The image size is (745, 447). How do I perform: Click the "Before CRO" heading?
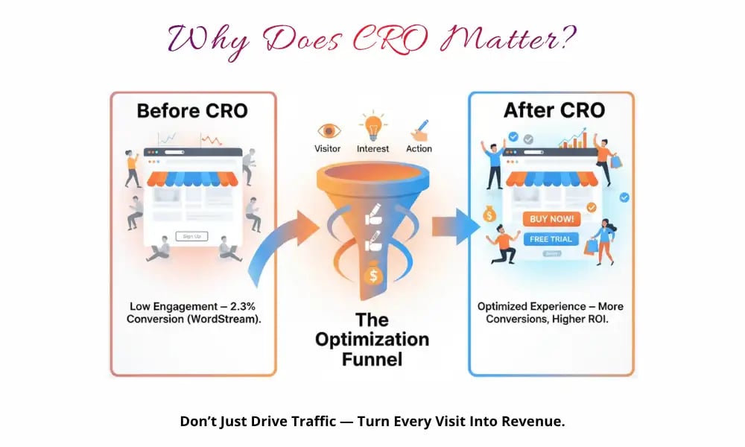point(192,111)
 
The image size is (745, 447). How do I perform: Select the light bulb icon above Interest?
point(372,124)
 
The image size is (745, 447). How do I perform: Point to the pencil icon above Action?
point(418,129)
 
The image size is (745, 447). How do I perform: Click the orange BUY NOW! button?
point(552,219)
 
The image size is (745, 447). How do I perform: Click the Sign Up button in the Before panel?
point(191,236)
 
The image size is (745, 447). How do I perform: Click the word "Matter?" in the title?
point(518,39)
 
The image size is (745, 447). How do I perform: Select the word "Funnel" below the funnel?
point(372,359)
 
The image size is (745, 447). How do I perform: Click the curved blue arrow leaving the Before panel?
point(276,246)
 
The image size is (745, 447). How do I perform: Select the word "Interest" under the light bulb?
point(372,148)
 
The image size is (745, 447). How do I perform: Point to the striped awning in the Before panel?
point(193,179)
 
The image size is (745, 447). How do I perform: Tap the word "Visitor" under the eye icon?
point(329,148)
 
